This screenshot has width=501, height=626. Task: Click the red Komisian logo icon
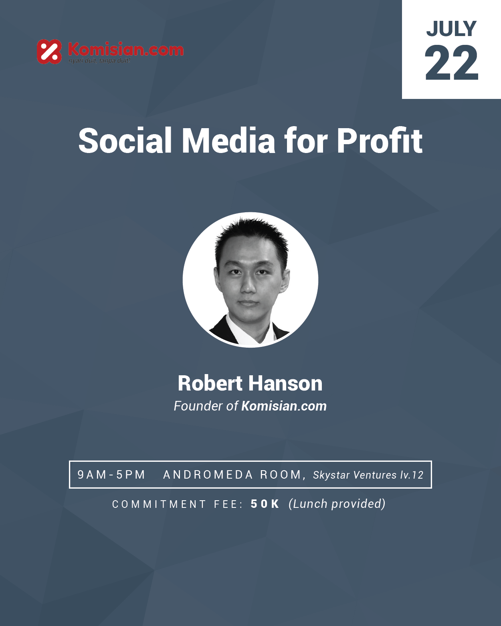pyautogui.click(x=49, y=52)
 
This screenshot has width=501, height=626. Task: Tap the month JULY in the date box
pyautogui.click(x=451, y=29)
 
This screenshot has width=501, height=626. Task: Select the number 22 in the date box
pyautogui.click(x=451, y=62)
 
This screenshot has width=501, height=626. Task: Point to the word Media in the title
pyautogui.click(x=228, y=141)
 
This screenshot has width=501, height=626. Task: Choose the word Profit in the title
pyautogui.click(x=380, y=141)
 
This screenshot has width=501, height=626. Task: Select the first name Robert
pyautogui.click(x=210, y=383)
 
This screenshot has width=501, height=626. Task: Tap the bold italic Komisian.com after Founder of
pyautogui.click(x=284, y=406)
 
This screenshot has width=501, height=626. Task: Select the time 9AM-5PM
pyautogui.click(x=111, y=475)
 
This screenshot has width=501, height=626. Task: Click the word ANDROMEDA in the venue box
pyautogui.click(x=208, y=475)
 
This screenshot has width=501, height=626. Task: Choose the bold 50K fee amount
pyautogui.click(x=265, y=504)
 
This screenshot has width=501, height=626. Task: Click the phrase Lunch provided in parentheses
pyautogui.click(x=337, y=504)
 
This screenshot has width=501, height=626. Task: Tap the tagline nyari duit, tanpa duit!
pyautogui.click(x=99, y=61)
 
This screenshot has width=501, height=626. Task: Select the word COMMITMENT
pyautogui.click(x=159, y=504)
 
